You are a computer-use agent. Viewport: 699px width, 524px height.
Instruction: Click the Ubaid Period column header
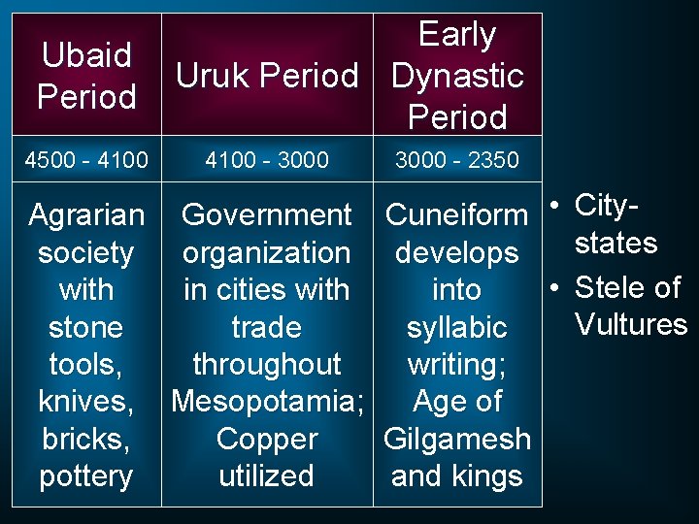(x=86, y=76)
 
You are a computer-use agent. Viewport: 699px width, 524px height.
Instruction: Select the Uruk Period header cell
(x=266, y=76)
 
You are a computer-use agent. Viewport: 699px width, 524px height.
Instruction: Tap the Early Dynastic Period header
(x=457, y=76)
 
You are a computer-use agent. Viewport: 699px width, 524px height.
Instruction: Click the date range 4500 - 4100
(x=88, y=159)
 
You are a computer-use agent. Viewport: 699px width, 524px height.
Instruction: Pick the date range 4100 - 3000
(x=266, y=159)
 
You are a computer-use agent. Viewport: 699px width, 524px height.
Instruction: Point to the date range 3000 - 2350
(x=456, y=159)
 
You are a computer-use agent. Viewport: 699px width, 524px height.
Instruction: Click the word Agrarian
(x=86, y=214)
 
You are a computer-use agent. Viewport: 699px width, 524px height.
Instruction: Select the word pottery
(x=86, y=475)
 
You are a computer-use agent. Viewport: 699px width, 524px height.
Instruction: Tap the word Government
(x=266, y=214)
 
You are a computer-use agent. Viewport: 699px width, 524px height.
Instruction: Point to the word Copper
(x=266, y=439)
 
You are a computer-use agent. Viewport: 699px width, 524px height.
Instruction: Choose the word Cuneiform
(x=456, y=214)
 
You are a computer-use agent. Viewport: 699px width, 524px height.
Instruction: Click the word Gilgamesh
(x=456, y=439)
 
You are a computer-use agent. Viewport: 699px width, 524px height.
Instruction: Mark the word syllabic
(x=456, y=327)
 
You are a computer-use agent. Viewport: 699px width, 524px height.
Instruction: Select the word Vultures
(x=631, y=324)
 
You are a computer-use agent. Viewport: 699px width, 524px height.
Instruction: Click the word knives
(x=84, y=401)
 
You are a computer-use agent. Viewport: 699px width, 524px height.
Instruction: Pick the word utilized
(x=266, y=475)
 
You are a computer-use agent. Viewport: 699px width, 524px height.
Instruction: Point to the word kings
(x=493, y=475)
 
